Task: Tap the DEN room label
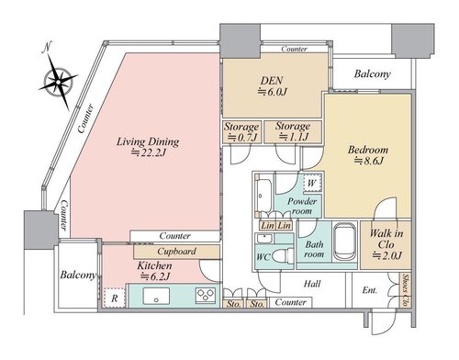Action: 272,81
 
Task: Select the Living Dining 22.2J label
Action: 148,147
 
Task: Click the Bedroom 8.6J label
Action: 368,155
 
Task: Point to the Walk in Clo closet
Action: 386,245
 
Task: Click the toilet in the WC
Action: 282,255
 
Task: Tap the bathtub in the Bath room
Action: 345,242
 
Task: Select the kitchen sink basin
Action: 156,297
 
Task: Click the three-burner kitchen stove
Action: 206,296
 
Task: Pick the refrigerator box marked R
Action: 115,298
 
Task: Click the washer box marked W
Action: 312,184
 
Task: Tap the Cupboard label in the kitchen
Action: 176,252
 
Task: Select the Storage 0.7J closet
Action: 241,132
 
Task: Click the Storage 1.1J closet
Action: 293,131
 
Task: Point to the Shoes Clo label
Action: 406,290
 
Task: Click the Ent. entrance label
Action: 369,290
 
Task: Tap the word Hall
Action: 312,284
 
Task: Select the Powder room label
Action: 302,206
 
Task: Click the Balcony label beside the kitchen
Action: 78,275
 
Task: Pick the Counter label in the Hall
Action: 290,302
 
